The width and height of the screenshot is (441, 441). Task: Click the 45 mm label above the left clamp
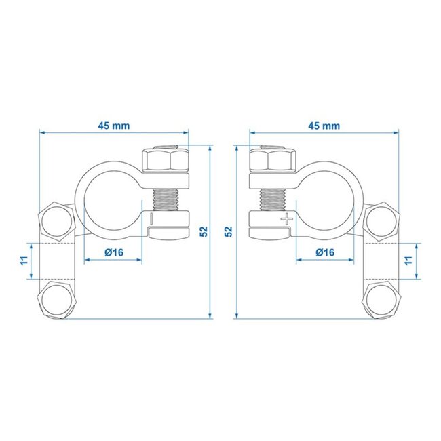click(114, 126)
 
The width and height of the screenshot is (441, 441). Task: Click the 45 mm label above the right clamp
click(324, 126)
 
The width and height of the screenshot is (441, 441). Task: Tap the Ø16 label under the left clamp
click(113, 252)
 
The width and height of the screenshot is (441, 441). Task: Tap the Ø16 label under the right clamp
click(326, 252)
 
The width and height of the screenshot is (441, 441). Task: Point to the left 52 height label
click(204, 231)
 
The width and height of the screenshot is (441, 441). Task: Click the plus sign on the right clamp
click(288, 218)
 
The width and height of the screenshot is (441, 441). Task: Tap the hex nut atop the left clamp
click(166, 161)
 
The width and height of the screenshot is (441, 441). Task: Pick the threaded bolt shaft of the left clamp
click(167, 195)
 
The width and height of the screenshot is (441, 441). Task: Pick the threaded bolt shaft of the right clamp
click(273, 195)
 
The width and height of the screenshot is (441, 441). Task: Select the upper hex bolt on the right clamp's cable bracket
click(383, 219)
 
